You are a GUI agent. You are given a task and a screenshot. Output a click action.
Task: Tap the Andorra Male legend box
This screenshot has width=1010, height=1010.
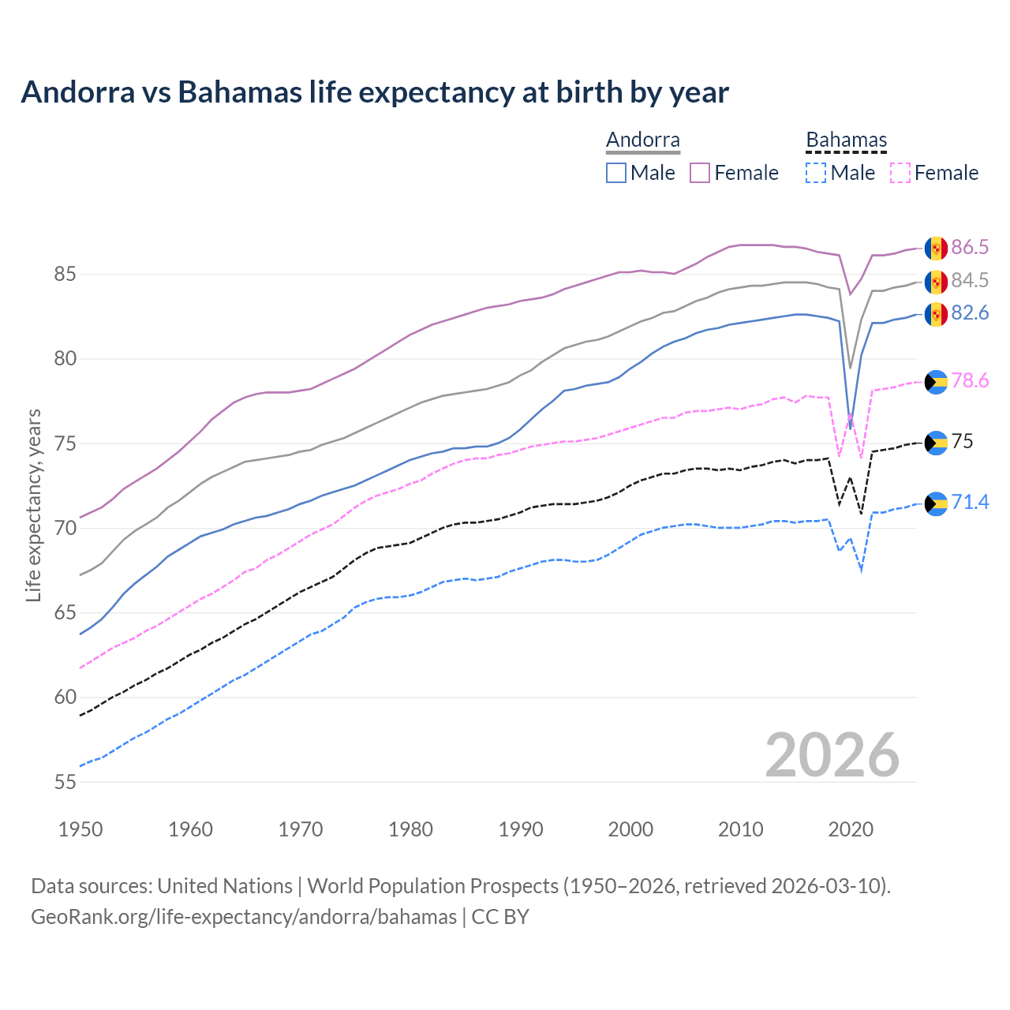[x=616, y=173]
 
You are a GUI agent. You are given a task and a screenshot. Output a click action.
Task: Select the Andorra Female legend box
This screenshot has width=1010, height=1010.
[x=700, y=173]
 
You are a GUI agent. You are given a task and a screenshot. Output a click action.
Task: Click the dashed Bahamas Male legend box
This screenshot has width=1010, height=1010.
[x=816, y=173]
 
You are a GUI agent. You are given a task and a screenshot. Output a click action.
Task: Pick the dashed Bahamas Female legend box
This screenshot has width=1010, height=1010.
[x=900, y=173]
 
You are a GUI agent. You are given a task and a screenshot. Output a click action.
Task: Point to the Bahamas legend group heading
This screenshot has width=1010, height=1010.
[x=846, y=140]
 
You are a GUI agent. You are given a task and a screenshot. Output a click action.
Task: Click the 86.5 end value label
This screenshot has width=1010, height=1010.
[x=969, y=248]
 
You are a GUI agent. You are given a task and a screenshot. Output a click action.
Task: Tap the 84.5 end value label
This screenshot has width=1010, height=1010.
[x=969, y=281]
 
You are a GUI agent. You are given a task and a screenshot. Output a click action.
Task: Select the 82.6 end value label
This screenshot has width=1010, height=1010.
[x=969, y=313]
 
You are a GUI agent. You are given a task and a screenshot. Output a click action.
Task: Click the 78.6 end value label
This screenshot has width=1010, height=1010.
[x=969, y=381]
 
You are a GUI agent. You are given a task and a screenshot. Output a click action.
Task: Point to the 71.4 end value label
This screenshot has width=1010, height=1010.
[x=969, y=503]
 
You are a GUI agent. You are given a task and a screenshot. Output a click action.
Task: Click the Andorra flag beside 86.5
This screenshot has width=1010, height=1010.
[x=936, y=249]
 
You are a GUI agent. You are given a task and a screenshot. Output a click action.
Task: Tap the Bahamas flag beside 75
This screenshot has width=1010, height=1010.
[x=936, y=443]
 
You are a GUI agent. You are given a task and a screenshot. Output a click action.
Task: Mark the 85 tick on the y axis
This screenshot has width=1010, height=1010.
[x=65, y=275]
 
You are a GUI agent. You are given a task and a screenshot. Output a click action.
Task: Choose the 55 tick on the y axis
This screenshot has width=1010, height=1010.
[x=65, y=782]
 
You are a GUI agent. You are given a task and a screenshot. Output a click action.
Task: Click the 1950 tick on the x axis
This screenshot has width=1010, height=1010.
[x=80, y=829]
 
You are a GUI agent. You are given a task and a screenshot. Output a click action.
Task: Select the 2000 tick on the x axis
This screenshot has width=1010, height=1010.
[x=630, y=829]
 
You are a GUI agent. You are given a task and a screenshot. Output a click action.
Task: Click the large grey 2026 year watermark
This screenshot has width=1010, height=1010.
[x=832, y=755]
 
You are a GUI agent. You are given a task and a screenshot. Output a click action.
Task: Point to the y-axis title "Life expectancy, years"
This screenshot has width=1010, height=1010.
[x=34, y=505]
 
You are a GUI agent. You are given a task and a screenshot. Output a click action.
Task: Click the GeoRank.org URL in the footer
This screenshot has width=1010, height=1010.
[x=244, y=917]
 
